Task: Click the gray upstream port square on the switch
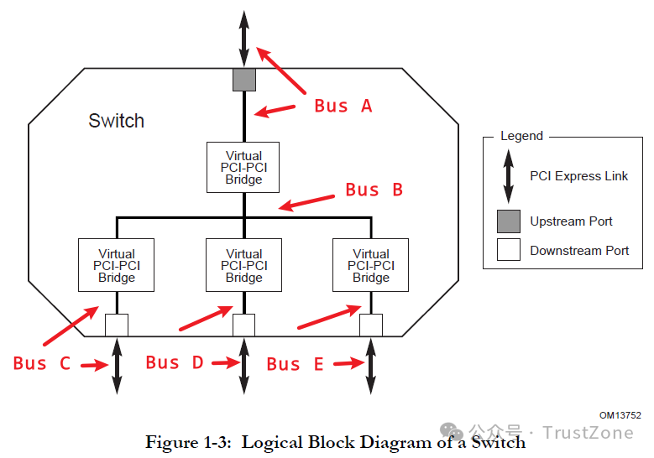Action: tap(244, 79)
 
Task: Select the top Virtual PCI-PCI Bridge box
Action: tap(243, 167)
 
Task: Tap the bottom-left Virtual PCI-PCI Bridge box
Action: tap(117, 265)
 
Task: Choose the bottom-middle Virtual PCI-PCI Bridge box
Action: tap(244, 265)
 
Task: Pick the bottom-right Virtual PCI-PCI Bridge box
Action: tap(371, 265)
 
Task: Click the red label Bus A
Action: tap(343, 106)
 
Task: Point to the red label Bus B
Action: tap(374, 190)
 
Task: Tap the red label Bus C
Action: tap(42, 363)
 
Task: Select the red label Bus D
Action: tap(175, 362)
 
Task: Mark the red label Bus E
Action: tap(296, 364)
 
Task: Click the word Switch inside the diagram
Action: tap(117, 121)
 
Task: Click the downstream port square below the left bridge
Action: tap(117, 325)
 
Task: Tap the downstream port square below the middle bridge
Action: tap(244, 325)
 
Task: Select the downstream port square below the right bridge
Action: tap(371, 325)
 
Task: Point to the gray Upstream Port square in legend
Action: tap(509, 221)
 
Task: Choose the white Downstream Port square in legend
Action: tap(509, 250)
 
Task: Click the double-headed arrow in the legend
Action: tap(508, 176)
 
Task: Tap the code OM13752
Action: tap(620, 415)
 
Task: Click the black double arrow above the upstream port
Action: tap(244, 39)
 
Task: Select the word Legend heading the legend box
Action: tap(522, 136)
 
